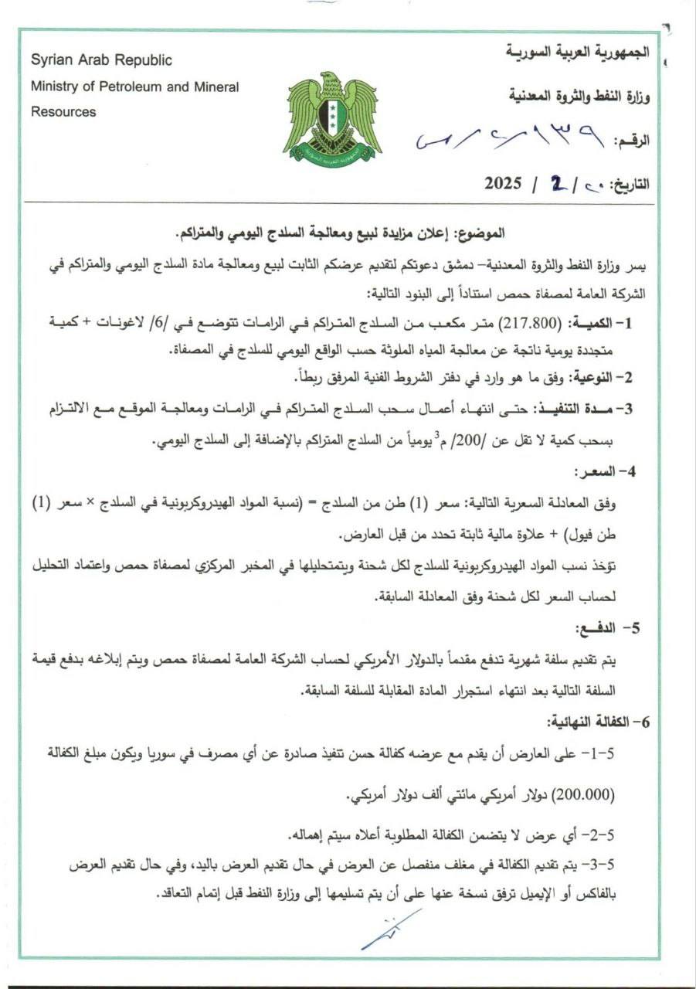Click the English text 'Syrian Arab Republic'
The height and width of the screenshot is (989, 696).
pyautogui.click(x=101, y=60)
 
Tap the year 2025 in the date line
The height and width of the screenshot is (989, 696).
pyautogui.click(x=504, y=184)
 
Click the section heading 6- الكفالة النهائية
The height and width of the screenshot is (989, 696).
pyautogui.click(x=594, y=722)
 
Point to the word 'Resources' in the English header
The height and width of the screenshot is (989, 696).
pyautogui.click(x=63, y=112)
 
